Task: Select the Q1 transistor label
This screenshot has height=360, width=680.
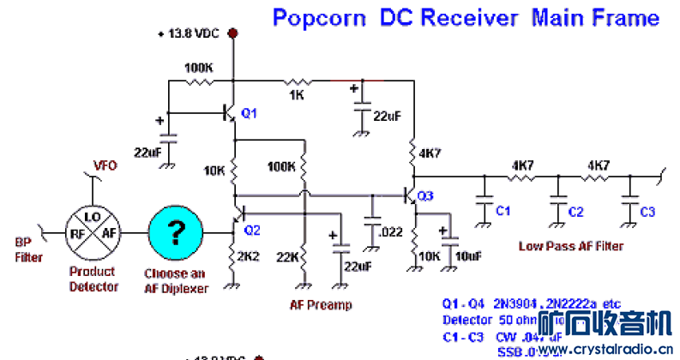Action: coord(249,113)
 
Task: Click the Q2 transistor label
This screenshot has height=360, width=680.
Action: coord(251,230)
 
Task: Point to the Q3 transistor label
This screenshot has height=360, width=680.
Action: coord(426,197)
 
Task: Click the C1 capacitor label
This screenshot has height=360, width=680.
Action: coord(503,211)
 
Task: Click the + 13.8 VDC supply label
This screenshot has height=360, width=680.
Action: coord(190,33)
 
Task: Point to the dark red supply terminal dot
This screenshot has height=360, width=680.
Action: coord(233,33)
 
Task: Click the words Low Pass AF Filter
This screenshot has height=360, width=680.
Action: coord(570,246)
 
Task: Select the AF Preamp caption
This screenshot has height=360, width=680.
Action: coord(321,304)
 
